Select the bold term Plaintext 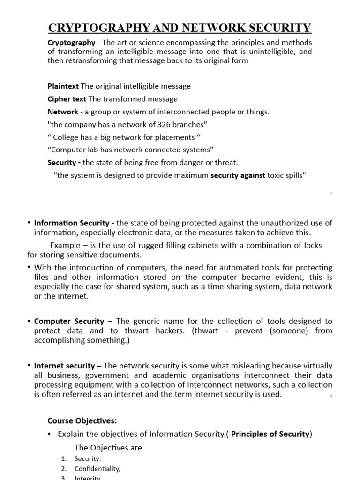[63, 86]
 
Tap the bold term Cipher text [67, 99]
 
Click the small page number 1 [331, 194]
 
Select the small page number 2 [331, 397]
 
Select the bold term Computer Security [69, 321]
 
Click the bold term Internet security [68, 366]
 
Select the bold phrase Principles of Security [270, 434]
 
